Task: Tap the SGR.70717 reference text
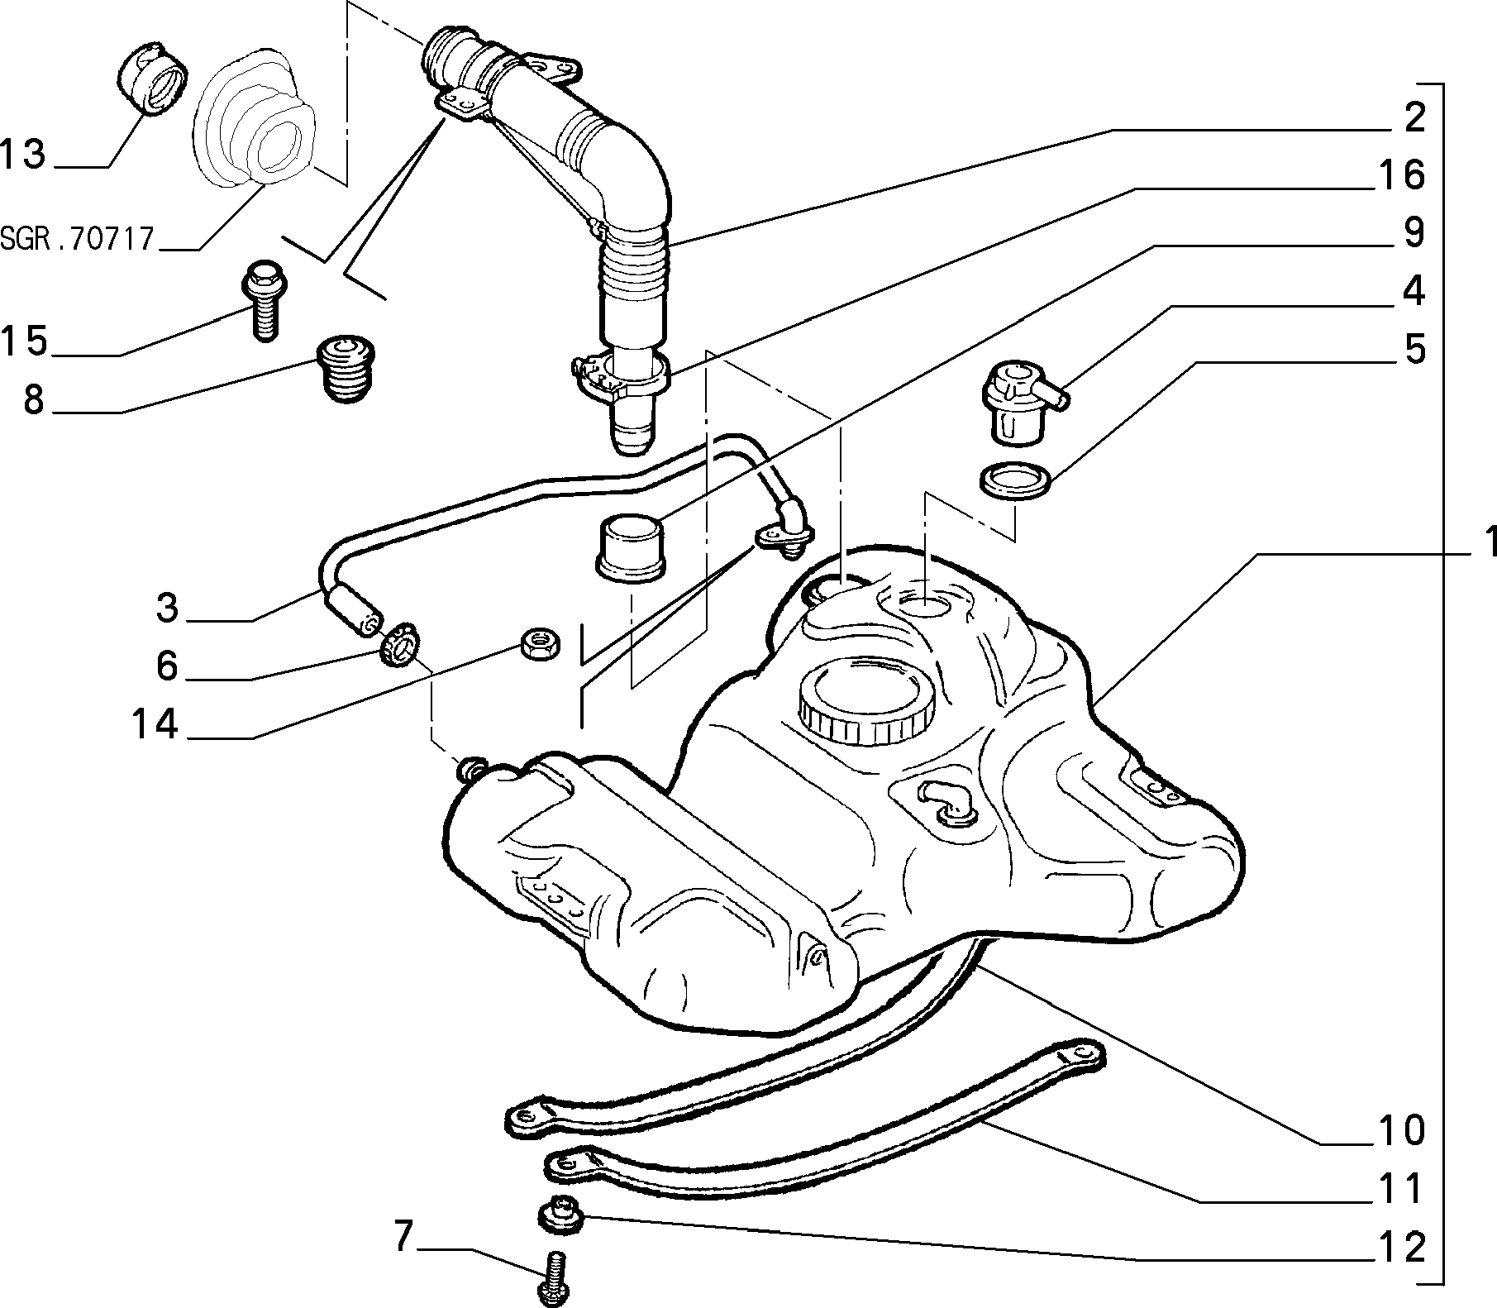(77, 239)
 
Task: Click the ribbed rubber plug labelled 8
(345, 369)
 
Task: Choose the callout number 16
(1403, 175)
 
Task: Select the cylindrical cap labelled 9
(632, 546)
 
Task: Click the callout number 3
(167, 609)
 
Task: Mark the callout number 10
(1403, 1130)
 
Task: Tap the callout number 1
(1488, 544)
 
